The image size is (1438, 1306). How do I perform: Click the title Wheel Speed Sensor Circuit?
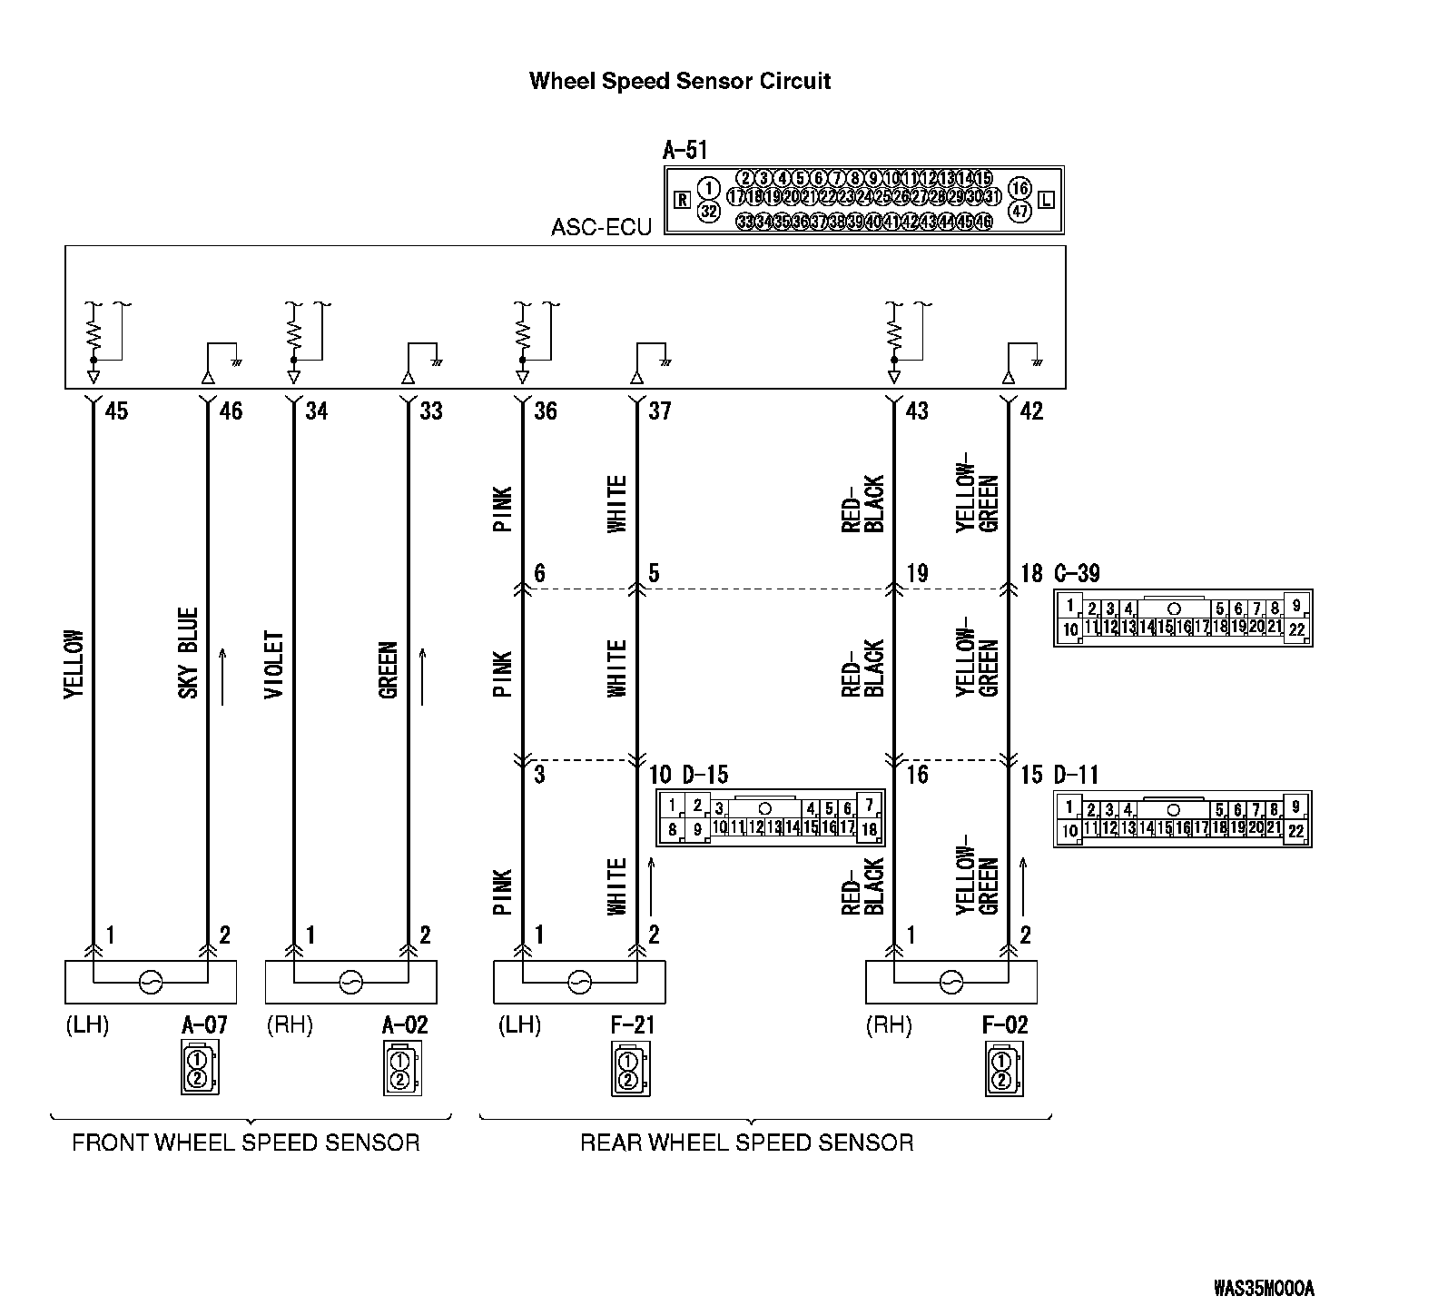(680, 81)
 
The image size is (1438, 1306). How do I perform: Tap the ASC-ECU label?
(601, 226)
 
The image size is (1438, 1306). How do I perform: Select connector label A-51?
(685, 150)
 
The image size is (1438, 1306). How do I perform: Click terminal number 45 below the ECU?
(117, 411)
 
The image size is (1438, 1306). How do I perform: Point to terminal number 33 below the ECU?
(431, 411)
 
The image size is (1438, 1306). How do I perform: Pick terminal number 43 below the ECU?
(917, 411)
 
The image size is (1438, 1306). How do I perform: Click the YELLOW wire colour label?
(74, 665)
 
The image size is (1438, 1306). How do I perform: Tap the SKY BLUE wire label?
(188, 652)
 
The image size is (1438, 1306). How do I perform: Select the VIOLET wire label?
(274, 665)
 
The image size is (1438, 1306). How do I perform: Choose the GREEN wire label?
(389, 670)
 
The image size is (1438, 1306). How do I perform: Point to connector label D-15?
(704, 776)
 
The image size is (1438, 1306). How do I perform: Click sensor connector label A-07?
(204, 1025)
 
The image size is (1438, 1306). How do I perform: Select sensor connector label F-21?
(633, 1025)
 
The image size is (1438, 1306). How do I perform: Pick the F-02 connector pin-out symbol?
(1002, 1070)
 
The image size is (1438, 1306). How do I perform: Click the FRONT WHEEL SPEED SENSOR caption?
(246, 1143)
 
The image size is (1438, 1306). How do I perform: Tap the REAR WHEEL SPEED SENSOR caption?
(746, 1143)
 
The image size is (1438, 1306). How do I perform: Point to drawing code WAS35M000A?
(1264, 1288)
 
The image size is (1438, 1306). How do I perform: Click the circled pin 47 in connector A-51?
(1019, 212)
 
